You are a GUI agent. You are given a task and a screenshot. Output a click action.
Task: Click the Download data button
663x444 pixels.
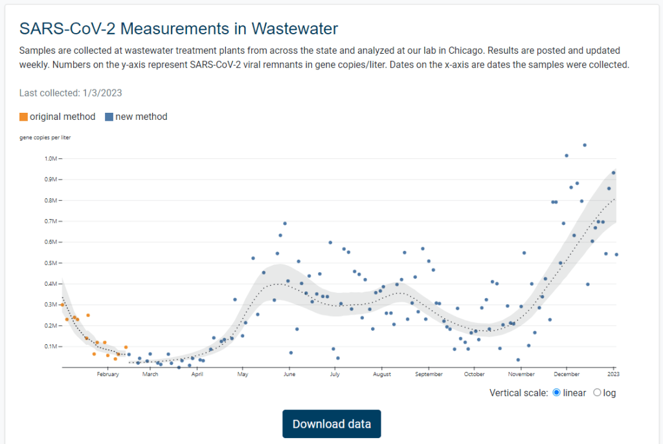pyautogui.click(x=331, y=424)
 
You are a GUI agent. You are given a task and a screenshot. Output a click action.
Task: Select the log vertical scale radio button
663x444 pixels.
pyautogui.click(x=597, y=393)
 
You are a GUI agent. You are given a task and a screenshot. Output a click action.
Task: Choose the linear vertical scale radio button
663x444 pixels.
pyautogui.click(x=557, y=393)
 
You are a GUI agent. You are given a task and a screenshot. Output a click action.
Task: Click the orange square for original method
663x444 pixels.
pyautogui.click(x=23, y=117)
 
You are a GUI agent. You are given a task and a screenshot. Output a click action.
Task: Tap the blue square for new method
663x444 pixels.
pyautogui.click(x=109, y=117)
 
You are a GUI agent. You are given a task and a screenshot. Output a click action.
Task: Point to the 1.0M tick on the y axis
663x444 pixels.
pyautogui.click(x=52, y=159)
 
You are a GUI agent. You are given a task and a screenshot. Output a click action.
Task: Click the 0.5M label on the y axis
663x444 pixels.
pyautogui.click(x=52, y=263)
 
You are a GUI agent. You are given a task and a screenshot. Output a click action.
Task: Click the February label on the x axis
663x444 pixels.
pyautogui.click(x=108, y=374)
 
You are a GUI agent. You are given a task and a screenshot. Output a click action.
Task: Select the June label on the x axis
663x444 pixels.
pyautogui.click(x=289, y=374)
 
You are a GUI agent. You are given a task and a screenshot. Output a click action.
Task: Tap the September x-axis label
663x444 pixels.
pyautogui.click(x=429, y=374)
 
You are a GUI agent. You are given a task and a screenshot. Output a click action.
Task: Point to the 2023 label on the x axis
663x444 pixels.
pyautogui.click(x=613, y=374)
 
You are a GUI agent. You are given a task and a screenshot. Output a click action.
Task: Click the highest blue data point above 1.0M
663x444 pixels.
pyautogui.click(x=584, y=145)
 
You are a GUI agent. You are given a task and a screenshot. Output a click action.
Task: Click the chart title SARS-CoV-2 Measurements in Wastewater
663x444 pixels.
pyautogui.click(x=179, y=29)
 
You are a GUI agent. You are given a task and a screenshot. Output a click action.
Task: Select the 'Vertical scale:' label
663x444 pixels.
pyautogui.click(x=519, y=393)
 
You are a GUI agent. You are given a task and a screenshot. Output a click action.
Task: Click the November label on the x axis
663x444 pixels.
pyautogui.click(x=521, y=374)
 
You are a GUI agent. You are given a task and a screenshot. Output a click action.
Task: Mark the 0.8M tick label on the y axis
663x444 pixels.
pyautogui.click(x=52, y=200)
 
